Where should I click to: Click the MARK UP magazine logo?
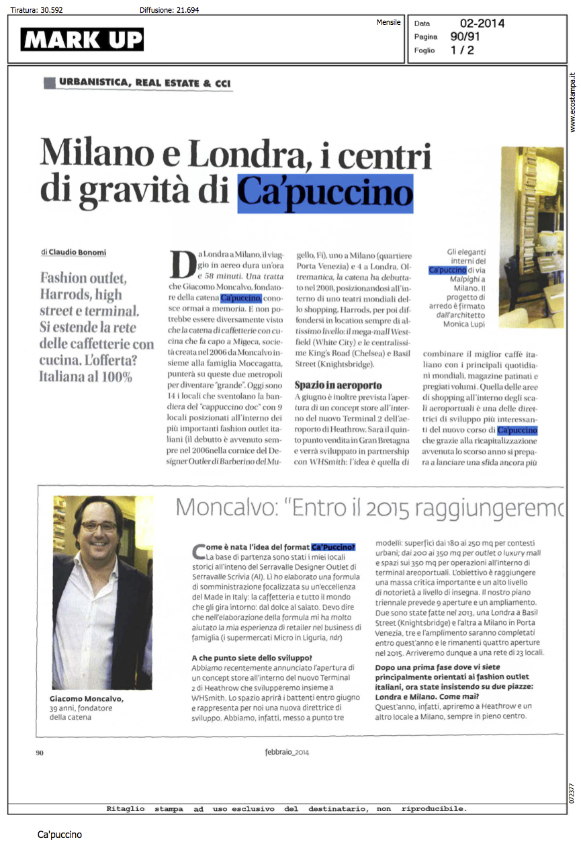(x=82, y=40)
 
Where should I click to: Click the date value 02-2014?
(x=482, y=24)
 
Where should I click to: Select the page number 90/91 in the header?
(x=465, y=37)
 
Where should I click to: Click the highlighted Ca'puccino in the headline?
(x=325, y=193)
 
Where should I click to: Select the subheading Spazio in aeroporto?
(x=339, y=386)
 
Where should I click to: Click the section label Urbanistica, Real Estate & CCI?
(x=144, y=83)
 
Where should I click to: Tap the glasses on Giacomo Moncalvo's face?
(x=99, y=526)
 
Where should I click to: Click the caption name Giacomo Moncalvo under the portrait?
(x=87, y=699)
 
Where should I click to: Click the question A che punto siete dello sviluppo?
(x=252, y=657)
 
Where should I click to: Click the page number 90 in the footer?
(x=39, y=753)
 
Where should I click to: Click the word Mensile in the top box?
(x=388, y=22)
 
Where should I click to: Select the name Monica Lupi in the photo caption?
(x=467, y=325)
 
